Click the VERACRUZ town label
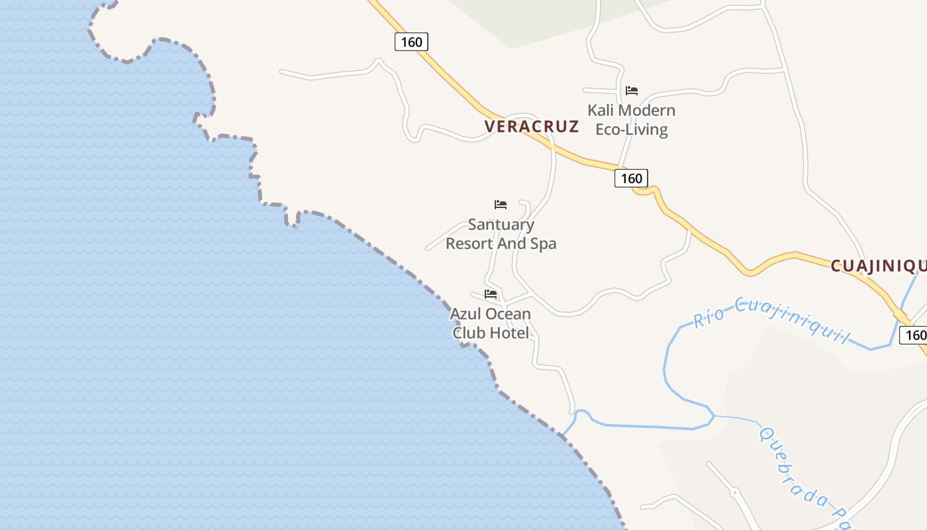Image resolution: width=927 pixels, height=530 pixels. click(531, 127)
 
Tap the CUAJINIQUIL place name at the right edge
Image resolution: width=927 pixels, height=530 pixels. click(878, 266)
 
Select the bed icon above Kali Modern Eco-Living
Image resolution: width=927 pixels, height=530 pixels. click(632, 91)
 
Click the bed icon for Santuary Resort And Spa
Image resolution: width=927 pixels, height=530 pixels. click(501, 205)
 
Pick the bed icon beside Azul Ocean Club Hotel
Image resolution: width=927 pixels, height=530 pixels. click(491, 294)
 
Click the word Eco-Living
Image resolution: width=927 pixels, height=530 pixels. click(632, 129)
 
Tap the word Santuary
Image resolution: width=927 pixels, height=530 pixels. click(501, 225)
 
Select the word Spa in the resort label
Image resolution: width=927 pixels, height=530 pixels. click(543, 244)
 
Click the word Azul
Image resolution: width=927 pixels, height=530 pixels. click(466, 313)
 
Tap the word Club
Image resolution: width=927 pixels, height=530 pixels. click(467, 333)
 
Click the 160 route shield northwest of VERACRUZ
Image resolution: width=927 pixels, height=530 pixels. click(412, 42)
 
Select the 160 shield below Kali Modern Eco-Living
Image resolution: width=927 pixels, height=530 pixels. click(631, 178)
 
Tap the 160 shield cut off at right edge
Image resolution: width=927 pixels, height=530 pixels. click(916, 335)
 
